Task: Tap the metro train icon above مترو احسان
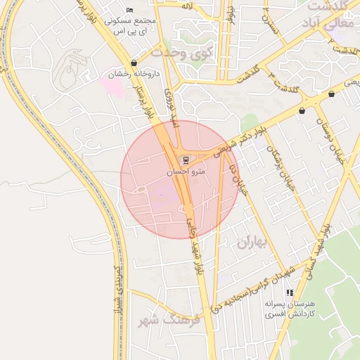click(186, 159)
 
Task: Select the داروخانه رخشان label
click(134, 73)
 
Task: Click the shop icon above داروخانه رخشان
click(134, 63)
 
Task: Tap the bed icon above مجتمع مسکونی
click(129, 10)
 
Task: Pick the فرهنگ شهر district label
click(171, 320)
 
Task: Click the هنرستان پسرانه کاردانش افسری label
click(290, 309)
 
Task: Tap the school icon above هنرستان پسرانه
click(289, 292)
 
